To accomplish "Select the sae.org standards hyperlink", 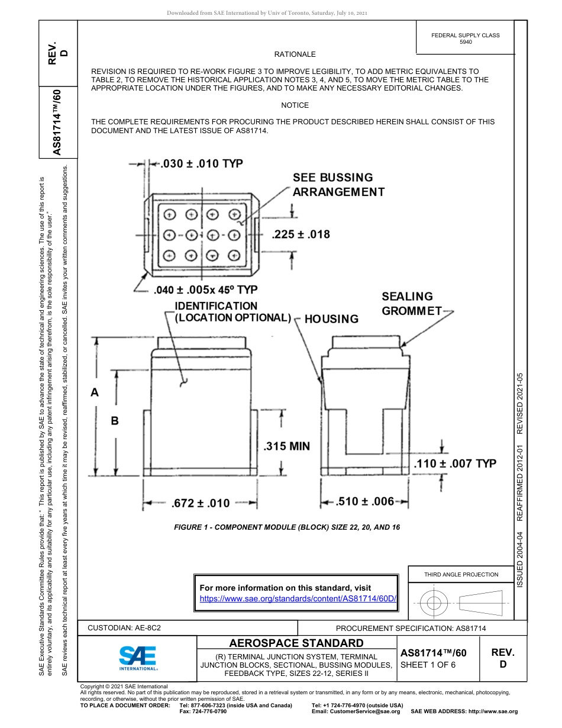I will [297, 598].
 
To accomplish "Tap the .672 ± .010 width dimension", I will [200, 504].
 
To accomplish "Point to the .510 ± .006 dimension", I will [365, 502].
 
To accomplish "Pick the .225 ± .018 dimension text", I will [301, 234].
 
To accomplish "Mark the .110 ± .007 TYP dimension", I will [454, 463].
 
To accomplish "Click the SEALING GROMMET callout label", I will [410, 304].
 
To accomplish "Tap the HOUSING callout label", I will [331, 319].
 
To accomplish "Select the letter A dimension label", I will [94, 392].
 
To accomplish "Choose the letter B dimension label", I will [115, 421].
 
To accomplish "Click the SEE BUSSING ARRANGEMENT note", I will [338, 185].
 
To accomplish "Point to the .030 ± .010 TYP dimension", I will [202, 164].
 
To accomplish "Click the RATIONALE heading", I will [295, 54].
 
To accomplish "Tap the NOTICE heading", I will [295, 105].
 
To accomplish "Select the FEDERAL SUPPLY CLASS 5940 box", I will [465, 38].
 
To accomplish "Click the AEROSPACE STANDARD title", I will [296, 643].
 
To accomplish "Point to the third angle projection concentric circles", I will [434, 604].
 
